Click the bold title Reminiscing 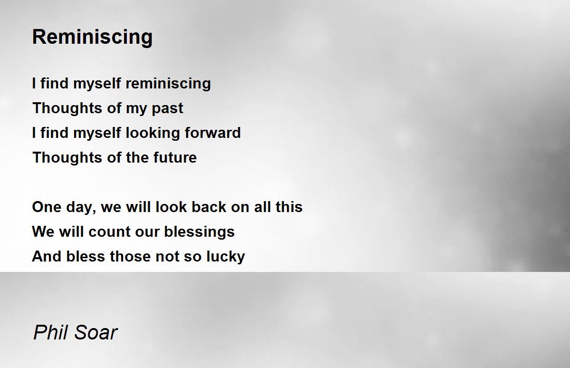(92, 37)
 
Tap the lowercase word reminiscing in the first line (168, 84)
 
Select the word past (167, 108)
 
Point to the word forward (213, 133)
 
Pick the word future (175, 157)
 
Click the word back (209, 206)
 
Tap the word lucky (226, 257)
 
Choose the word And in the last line (47, 256)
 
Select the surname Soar (96, 332)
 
